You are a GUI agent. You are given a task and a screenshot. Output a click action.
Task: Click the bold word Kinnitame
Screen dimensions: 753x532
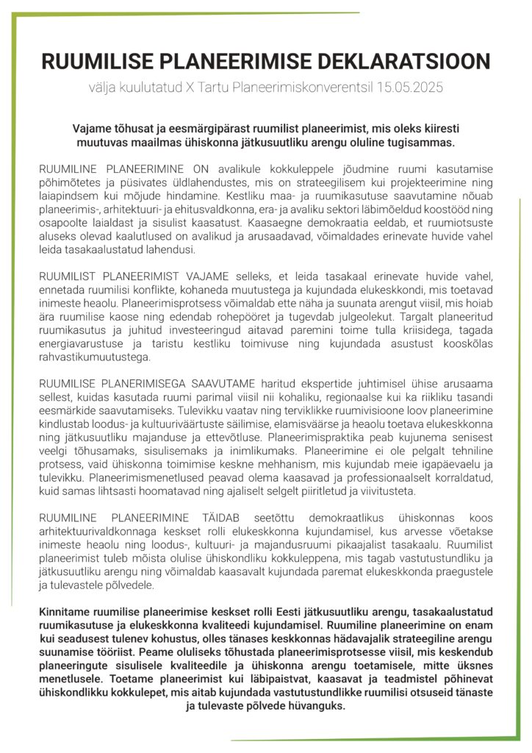65,611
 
